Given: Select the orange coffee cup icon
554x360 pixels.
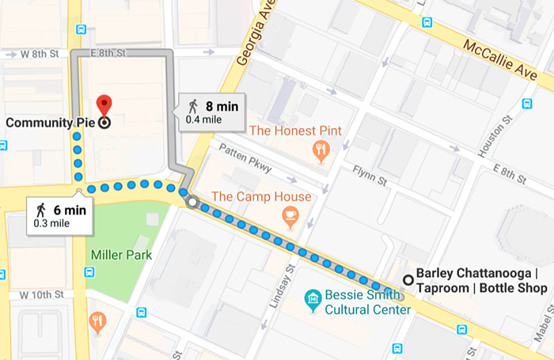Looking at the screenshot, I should (x=290, y=214).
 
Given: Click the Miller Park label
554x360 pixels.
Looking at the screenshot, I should (x=121, y=255).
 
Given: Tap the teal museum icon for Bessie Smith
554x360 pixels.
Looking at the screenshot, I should (x=313, y=297).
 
